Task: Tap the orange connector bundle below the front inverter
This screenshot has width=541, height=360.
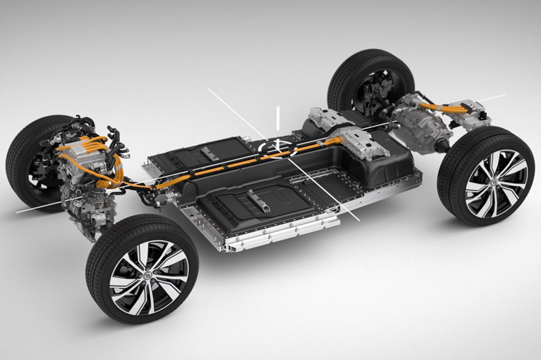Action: [x=106, y=182]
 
